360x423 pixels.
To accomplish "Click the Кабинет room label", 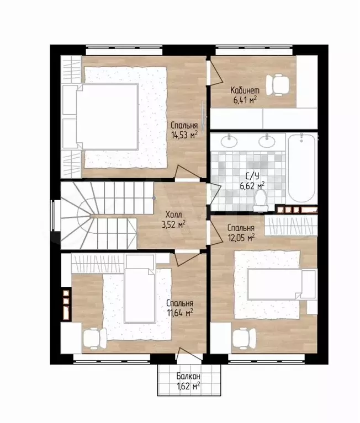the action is coord(245,90).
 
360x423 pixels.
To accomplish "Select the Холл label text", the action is coord(174,215).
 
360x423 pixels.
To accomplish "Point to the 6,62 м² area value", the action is coord(252,186).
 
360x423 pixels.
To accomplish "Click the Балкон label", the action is coord(188,376).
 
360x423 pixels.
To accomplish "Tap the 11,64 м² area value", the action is coord(180,313).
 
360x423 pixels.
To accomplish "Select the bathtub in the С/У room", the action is coord(301,168).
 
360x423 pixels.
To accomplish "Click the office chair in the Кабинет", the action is coord(277,85).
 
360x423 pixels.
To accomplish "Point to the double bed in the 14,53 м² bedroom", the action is coord(107,117).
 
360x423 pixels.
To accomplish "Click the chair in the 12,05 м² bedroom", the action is coord(244,338).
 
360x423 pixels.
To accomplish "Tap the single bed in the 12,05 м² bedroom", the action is coord(282,284).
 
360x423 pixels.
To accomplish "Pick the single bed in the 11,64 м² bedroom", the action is coord(140,288).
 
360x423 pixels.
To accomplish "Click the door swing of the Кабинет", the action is coord(215,72).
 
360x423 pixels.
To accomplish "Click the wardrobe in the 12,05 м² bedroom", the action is coord(291,226).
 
